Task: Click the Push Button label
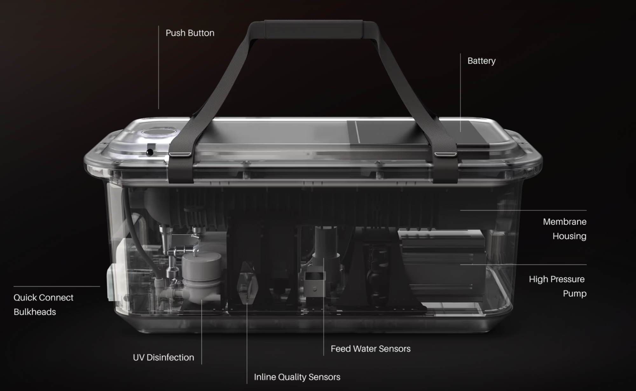point(190,33)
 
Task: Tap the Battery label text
point(481,61)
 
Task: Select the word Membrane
point(564,222)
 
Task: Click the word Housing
point(569,236)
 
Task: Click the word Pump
point(575,294)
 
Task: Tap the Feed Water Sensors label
point(370,349)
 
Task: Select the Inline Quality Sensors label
point(297,377)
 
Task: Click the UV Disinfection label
point(163,357)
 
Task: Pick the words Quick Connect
point(43,297)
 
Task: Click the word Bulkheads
point(35,312)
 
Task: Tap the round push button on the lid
point(158,132)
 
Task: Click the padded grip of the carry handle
point(313,30)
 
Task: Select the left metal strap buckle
point(180,154)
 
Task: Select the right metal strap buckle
point(446,154)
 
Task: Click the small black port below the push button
point(150,152)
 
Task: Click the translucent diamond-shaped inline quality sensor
point(247,283)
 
